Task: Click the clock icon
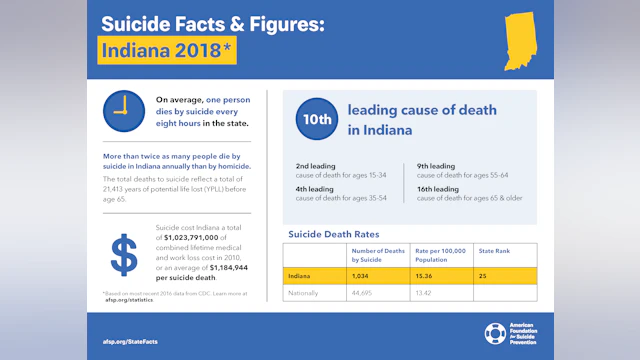point(123,110)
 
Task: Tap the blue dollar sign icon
point(123,254)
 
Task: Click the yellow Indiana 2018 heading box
point(167,50)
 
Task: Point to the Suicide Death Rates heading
point(332,234)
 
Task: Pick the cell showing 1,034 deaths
point(361,274)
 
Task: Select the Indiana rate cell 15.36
point(428,274)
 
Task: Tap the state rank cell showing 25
point(484,274)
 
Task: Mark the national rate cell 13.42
point(428,293)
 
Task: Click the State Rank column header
point(494,251)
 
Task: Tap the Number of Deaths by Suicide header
point(377,255)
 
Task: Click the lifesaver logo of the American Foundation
point(495,333)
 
